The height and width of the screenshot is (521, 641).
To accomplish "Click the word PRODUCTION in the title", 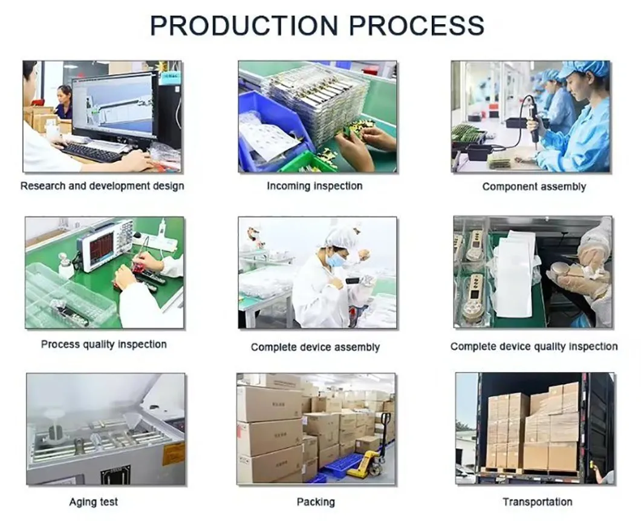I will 245,26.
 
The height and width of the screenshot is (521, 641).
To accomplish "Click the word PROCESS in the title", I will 417,26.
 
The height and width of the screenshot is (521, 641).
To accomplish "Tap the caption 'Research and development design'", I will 102,186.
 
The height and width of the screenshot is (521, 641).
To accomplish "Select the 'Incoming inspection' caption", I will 314,186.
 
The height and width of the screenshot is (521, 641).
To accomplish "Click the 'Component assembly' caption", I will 534,187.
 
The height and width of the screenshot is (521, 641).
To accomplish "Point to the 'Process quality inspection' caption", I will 103,344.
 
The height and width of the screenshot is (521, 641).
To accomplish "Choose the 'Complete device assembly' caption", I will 315,347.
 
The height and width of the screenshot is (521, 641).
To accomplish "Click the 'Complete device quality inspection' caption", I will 534,347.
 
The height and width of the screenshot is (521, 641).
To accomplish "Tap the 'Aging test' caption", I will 94,502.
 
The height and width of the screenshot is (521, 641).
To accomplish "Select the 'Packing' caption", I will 316,502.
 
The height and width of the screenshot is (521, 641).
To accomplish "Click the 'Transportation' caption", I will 537,502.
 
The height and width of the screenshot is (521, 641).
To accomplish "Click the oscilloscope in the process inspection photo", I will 106,245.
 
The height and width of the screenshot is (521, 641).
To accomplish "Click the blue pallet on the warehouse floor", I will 342,467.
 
